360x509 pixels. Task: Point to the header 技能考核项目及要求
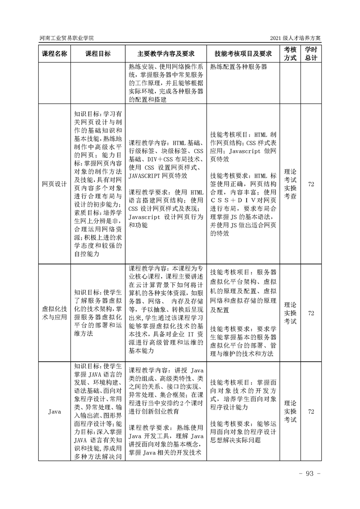click(x=243, y=54)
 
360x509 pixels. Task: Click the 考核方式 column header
click(x=291, y=54)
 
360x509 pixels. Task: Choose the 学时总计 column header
click(x=311, y=54)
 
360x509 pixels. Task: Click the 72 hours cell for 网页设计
click(x=311, y=184)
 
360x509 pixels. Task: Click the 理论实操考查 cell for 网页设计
click(x=291, y=184)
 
